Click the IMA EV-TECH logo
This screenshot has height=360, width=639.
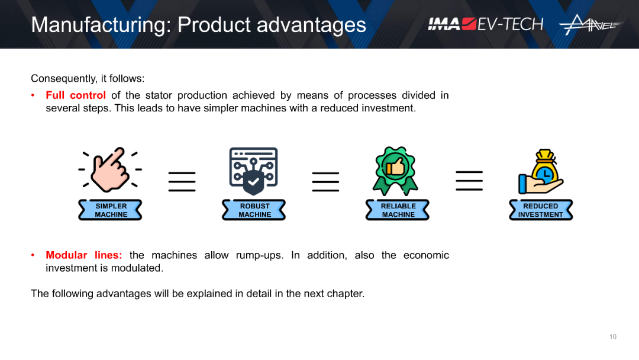(485, 24)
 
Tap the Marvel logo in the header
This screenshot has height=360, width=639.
(591, 24)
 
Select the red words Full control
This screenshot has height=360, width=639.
(76, 95)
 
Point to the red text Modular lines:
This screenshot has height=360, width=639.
(84, 255)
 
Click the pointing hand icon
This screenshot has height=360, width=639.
(110, 169)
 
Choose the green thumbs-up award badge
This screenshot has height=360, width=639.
(395, 171)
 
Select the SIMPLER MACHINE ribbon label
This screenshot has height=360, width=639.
(110, 210)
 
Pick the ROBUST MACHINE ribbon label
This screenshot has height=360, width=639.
(254, 210)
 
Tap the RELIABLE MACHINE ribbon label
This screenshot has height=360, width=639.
(398, 210)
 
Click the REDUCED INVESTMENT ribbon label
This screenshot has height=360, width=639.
(541, 210)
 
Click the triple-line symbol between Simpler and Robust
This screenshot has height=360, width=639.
(182, 181)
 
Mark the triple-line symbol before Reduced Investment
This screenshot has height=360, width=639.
(469, 181)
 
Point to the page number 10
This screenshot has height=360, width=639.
(613, 337)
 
